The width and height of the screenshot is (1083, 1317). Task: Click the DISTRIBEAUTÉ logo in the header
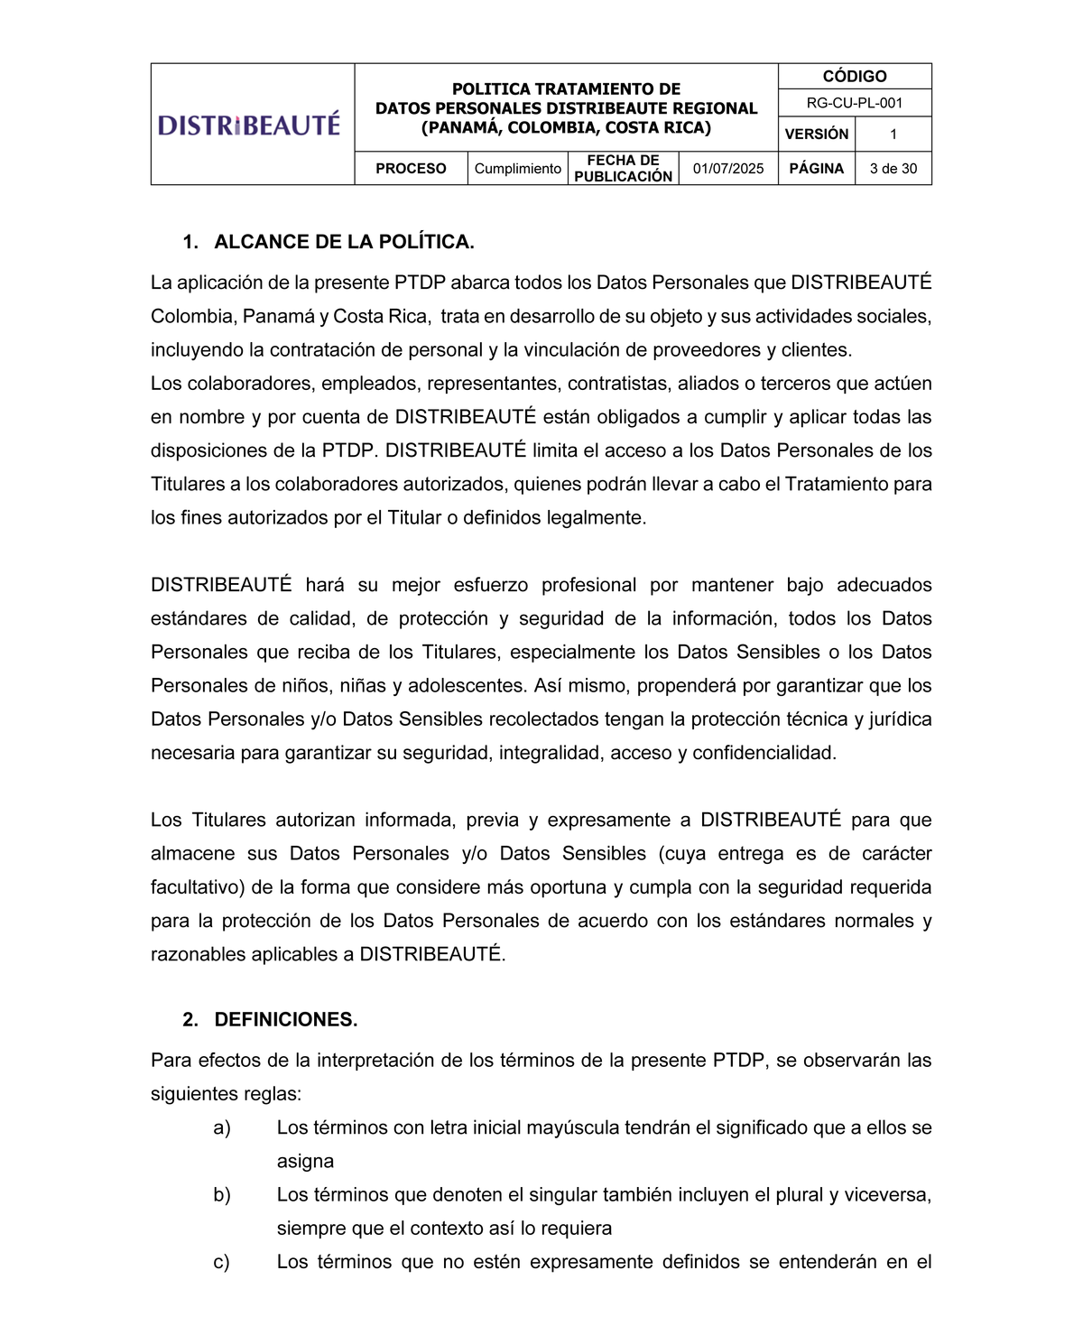point(249,124)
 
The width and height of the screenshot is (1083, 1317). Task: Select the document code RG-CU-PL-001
point(854,103)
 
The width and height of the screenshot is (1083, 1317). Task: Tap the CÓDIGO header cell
point(854,77)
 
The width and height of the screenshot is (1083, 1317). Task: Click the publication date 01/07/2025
point(727,169)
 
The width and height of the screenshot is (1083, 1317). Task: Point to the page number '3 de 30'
point(893,169)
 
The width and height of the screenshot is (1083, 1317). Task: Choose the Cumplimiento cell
point(517,169)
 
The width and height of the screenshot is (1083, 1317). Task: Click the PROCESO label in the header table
point(411,169)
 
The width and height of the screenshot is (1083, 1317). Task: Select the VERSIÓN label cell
point(816,134)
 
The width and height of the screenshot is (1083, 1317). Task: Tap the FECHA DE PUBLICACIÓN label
point(623,169)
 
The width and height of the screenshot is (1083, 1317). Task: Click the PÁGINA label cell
point(816,169)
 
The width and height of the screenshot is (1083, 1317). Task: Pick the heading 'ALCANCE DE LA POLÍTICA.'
point(344,242)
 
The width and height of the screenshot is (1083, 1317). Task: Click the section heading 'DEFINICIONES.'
point(285,1020)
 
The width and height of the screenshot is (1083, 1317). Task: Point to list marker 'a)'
point(222,1127)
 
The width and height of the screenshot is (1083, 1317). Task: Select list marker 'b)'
point(222,1195)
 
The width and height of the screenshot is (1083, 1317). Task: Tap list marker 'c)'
point(222,1262)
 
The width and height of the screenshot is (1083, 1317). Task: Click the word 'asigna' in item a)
point(305,1162)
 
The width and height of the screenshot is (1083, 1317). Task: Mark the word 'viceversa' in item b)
point(887,1195)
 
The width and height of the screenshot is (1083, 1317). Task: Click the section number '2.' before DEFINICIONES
point(190,1020)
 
